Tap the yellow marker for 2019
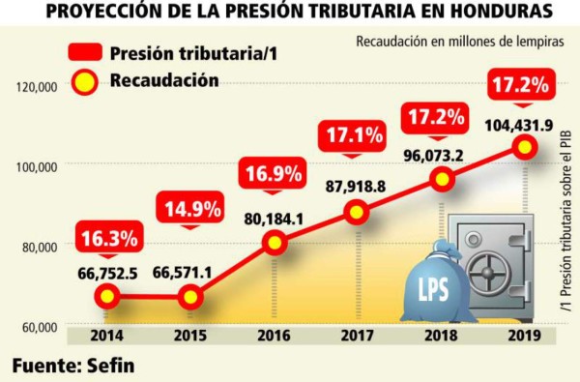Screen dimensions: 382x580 coord(525,146)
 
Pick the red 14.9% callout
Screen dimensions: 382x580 coord(191,207)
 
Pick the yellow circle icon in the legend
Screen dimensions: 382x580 coord(84,82)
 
